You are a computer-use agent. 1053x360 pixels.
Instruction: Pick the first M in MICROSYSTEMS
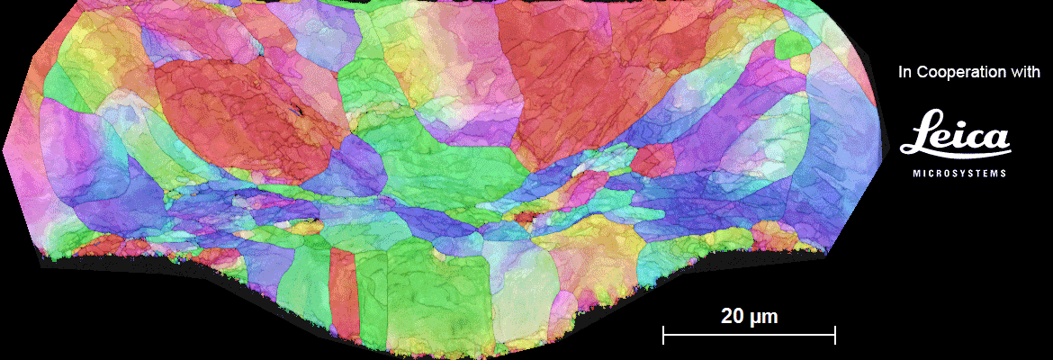[917, 173]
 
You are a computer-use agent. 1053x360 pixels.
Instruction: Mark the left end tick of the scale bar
[663, 336]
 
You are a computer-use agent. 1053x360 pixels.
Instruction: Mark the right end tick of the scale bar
[835, 336]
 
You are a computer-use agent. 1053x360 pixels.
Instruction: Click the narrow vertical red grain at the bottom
[343, 292]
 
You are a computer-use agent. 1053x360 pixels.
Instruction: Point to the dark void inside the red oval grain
[295, 112]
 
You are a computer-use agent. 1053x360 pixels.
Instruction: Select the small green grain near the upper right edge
[792, 45]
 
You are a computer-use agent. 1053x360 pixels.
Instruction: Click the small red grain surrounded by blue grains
[652, 161]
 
